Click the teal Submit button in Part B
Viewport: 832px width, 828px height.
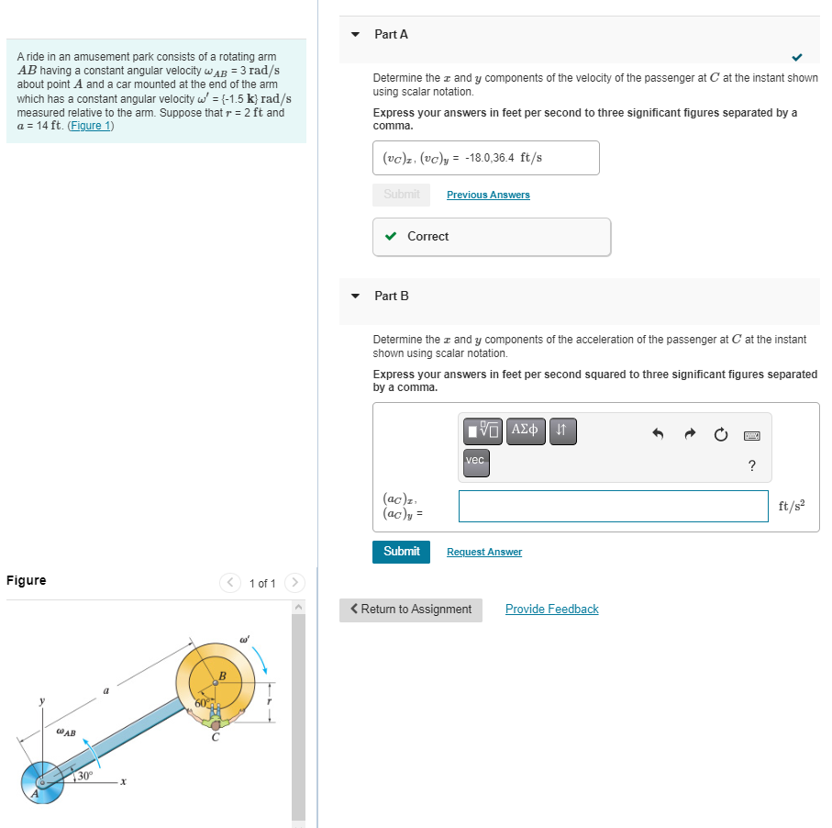click(401, 552)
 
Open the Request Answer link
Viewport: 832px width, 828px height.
click(483, 552)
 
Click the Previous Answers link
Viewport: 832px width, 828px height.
click(488, 195)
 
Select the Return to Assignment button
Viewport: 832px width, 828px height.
click(410, 610)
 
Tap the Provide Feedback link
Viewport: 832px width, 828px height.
click(551, 610)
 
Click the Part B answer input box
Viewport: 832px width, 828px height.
click(613, 506)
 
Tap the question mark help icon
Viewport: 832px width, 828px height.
click(751, 465)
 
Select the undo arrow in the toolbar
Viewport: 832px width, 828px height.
click(658, 434)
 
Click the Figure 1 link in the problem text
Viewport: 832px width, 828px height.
click(91, 126)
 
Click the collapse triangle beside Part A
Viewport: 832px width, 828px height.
click(356, 35)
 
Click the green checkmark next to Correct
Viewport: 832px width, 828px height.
click(391, 237)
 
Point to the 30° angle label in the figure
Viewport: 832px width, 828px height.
click(84, 775)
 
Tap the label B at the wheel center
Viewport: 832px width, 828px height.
click(220, 677)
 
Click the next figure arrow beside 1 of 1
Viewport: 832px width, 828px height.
click(294, 583)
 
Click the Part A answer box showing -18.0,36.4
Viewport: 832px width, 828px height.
click(485, 158)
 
